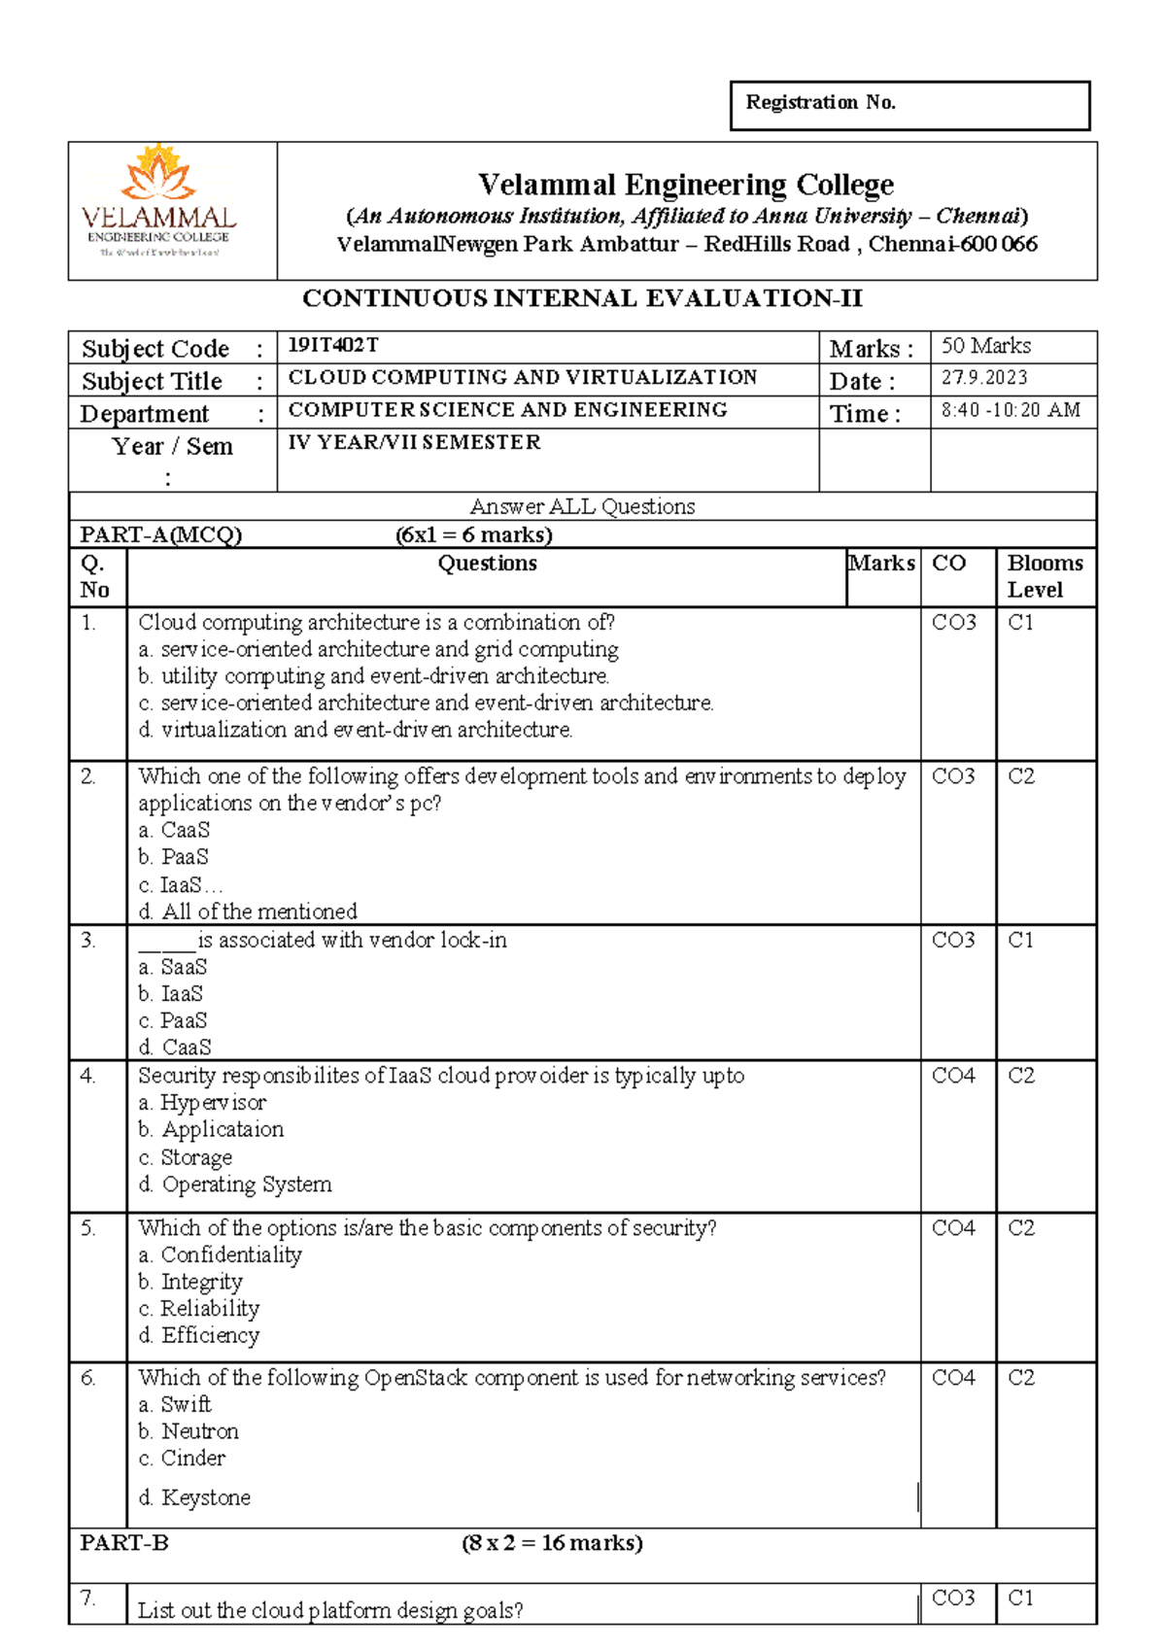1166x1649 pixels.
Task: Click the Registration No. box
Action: click(x=909, y=105)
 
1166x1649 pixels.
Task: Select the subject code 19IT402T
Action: click(x=333, y=345)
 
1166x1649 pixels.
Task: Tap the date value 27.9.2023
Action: click(x=984, y=378)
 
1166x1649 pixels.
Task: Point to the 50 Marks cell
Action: click(x=986, y=346)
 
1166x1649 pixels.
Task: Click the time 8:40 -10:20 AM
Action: click(x=1011, y=410)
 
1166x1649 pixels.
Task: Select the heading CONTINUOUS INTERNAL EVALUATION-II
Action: click(x=582, y=298)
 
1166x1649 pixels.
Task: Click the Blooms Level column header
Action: click(x=1045, y=576)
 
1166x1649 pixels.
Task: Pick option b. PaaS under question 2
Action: click(x=174, y=857)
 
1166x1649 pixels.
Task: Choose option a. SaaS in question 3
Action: click(x=173, y=967)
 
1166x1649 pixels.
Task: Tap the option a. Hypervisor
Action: click(x=202, y=1103)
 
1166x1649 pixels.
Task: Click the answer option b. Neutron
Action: click(x=189, y=1431)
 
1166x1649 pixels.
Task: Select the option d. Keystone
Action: click(x=194, y=1497)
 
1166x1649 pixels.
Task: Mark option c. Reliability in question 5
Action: click(x=199, y=1309)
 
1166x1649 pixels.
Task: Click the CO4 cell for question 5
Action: click(x=953, y=1228)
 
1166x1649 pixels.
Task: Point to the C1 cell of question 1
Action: click(x=1020, y=623)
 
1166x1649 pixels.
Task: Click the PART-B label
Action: click(x=124, y=1543)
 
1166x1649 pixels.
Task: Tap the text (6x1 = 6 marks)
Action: click(x=473, y=534)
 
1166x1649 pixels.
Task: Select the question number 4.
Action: click(x=88, y=1076)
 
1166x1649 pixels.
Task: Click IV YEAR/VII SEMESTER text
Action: click(x=415, y=442)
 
